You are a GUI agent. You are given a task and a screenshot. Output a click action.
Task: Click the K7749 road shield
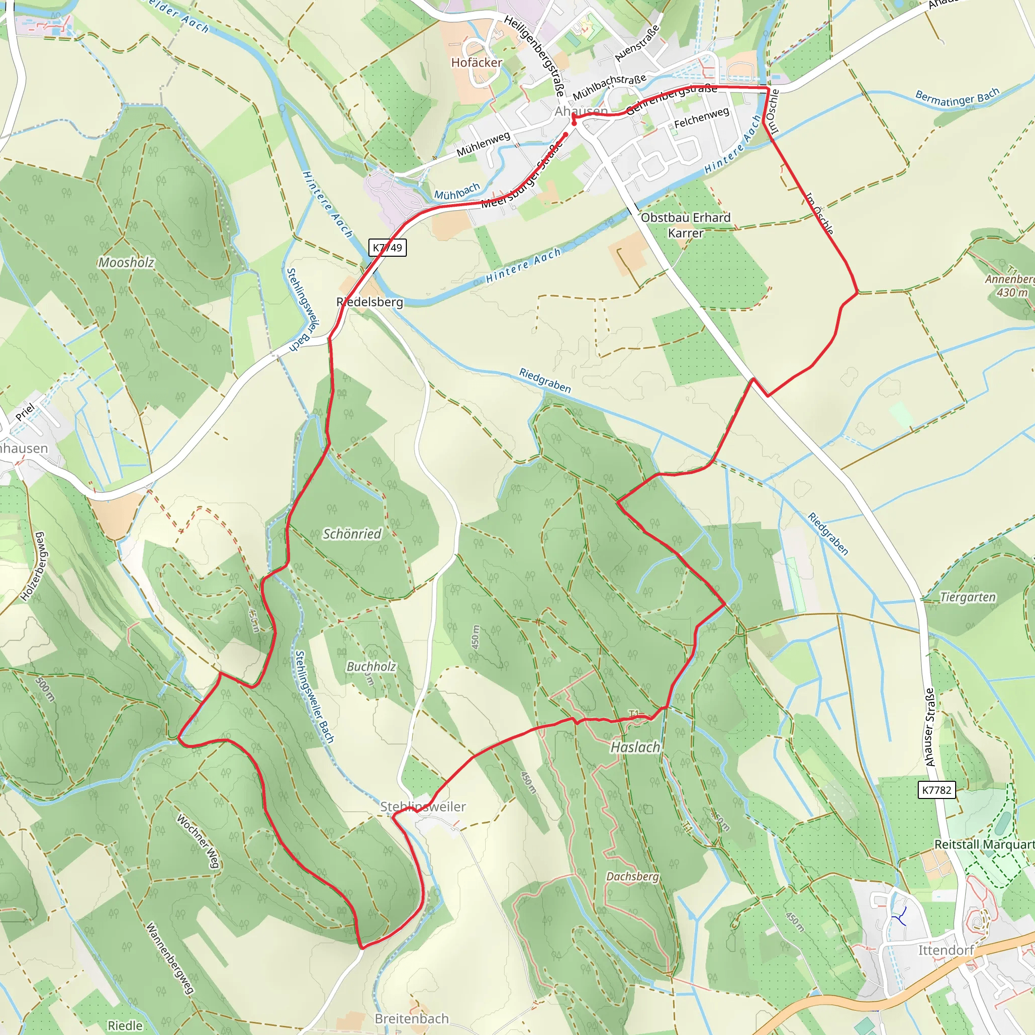387,248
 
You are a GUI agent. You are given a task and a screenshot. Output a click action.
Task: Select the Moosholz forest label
126,262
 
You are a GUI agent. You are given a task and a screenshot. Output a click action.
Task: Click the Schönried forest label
352,534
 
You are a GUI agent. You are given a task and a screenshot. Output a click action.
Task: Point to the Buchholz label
371,667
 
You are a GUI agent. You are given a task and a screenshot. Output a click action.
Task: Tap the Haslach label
635,747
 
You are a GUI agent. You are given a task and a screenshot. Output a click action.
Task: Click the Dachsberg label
632,876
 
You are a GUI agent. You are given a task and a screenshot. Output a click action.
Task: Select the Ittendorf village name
946,950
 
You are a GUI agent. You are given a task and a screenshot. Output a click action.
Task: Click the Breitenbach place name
411,1018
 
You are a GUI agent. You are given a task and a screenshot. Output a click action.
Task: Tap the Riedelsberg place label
369,302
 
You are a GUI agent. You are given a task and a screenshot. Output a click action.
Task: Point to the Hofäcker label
477,63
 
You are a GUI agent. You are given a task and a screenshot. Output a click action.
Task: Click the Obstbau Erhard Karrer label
686,225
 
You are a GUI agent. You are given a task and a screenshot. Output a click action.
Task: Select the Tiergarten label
968,597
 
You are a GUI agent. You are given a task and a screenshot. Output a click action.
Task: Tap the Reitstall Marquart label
984,844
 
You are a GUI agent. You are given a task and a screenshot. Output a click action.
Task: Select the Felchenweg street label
701,118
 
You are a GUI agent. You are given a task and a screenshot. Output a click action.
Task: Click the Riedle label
125,1025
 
